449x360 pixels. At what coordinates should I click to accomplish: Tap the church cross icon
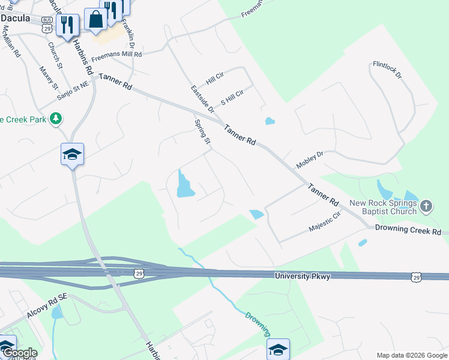[x=426, y=206]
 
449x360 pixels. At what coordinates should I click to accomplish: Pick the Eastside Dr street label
[x=202, y=99]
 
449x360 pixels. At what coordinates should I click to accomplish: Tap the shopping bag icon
[x=95, y=19]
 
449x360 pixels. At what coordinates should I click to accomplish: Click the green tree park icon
[x=56, y=119]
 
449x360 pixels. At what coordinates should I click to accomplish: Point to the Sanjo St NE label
[x=73, y=92]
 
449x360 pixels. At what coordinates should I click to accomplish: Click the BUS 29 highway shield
[x=46, y=28]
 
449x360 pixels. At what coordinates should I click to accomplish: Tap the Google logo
[x=19, y=353]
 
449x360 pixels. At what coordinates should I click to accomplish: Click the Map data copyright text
[x=412, y=355]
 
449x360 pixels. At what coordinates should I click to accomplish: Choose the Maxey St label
[x=46, y=76]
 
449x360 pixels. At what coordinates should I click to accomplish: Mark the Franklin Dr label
[x=127, y=34]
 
